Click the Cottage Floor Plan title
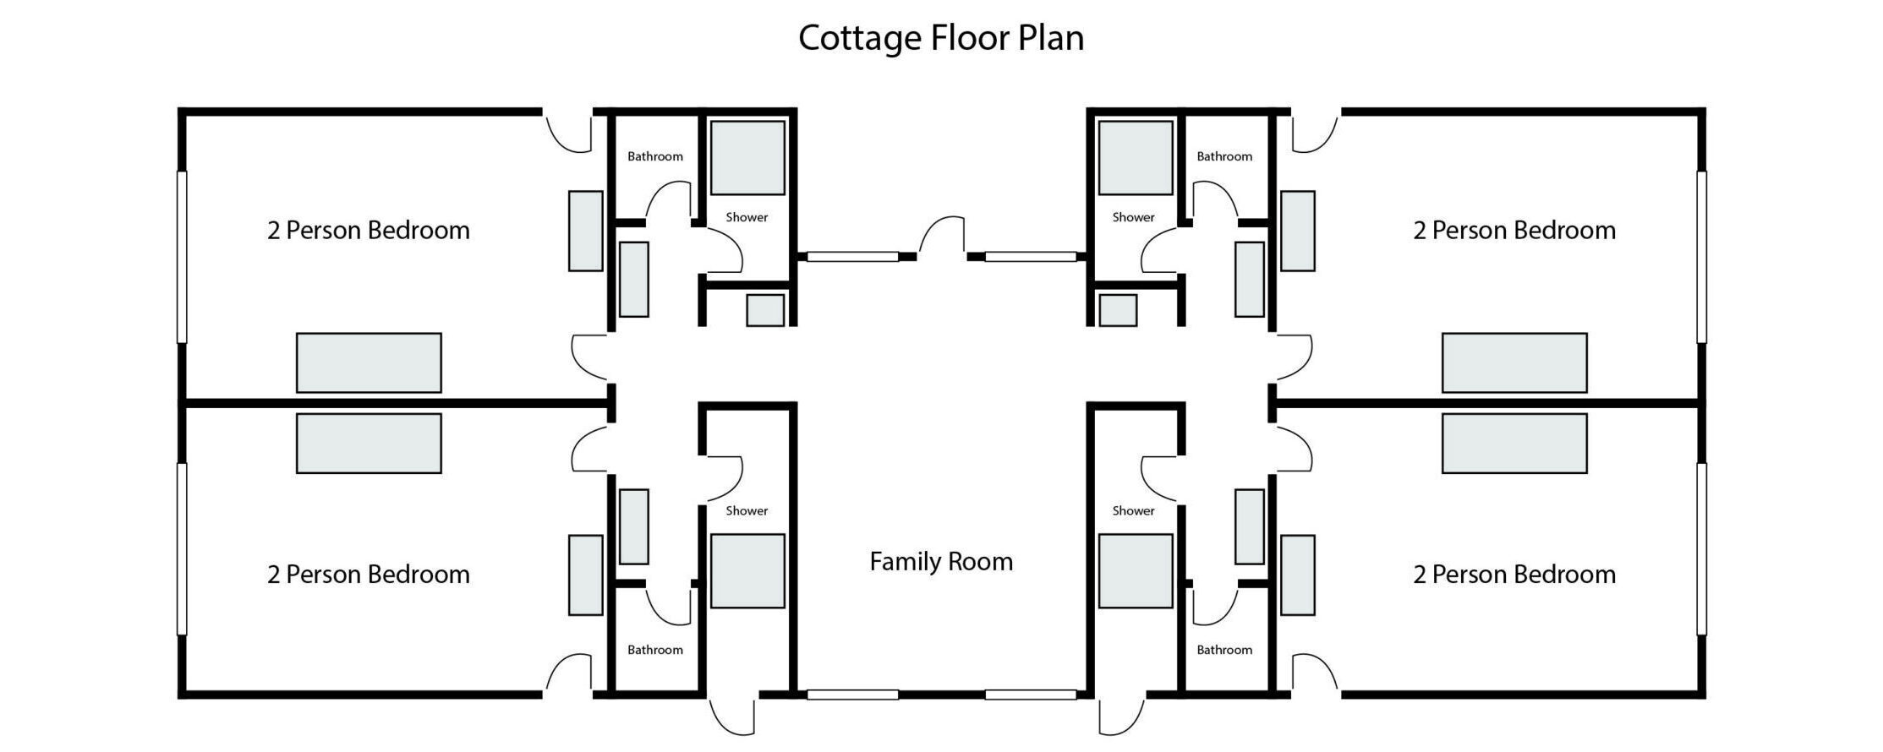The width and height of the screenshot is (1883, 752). [941, 38]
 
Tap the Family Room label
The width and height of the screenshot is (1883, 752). [941, 562]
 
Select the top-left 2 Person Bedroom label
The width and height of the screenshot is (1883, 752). [369, 231]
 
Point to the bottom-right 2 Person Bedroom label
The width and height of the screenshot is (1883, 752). [1514, 575]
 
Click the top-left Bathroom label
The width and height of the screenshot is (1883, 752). [655, 156]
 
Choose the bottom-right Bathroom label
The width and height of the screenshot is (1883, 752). [1224, 650]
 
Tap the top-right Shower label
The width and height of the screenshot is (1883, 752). [1133, 217]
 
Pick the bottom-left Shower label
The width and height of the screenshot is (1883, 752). [747, 510]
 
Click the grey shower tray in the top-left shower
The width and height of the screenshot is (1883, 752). [747, 158]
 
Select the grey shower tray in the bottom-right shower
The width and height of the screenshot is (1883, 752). [1136, 571]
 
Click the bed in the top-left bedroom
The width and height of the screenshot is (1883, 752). [369, 362]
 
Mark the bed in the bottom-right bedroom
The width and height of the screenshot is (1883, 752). [1514, 444]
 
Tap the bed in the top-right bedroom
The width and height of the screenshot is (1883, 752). [1514, 362]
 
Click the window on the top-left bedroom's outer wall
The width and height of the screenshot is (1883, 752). [181, 257]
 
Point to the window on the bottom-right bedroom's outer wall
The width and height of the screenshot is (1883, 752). [1701, 549]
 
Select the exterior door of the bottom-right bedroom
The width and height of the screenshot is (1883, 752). [1315, 675]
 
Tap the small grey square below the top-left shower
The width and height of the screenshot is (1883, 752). [765, 310]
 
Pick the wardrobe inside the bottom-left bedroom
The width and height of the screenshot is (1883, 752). [585, 575]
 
